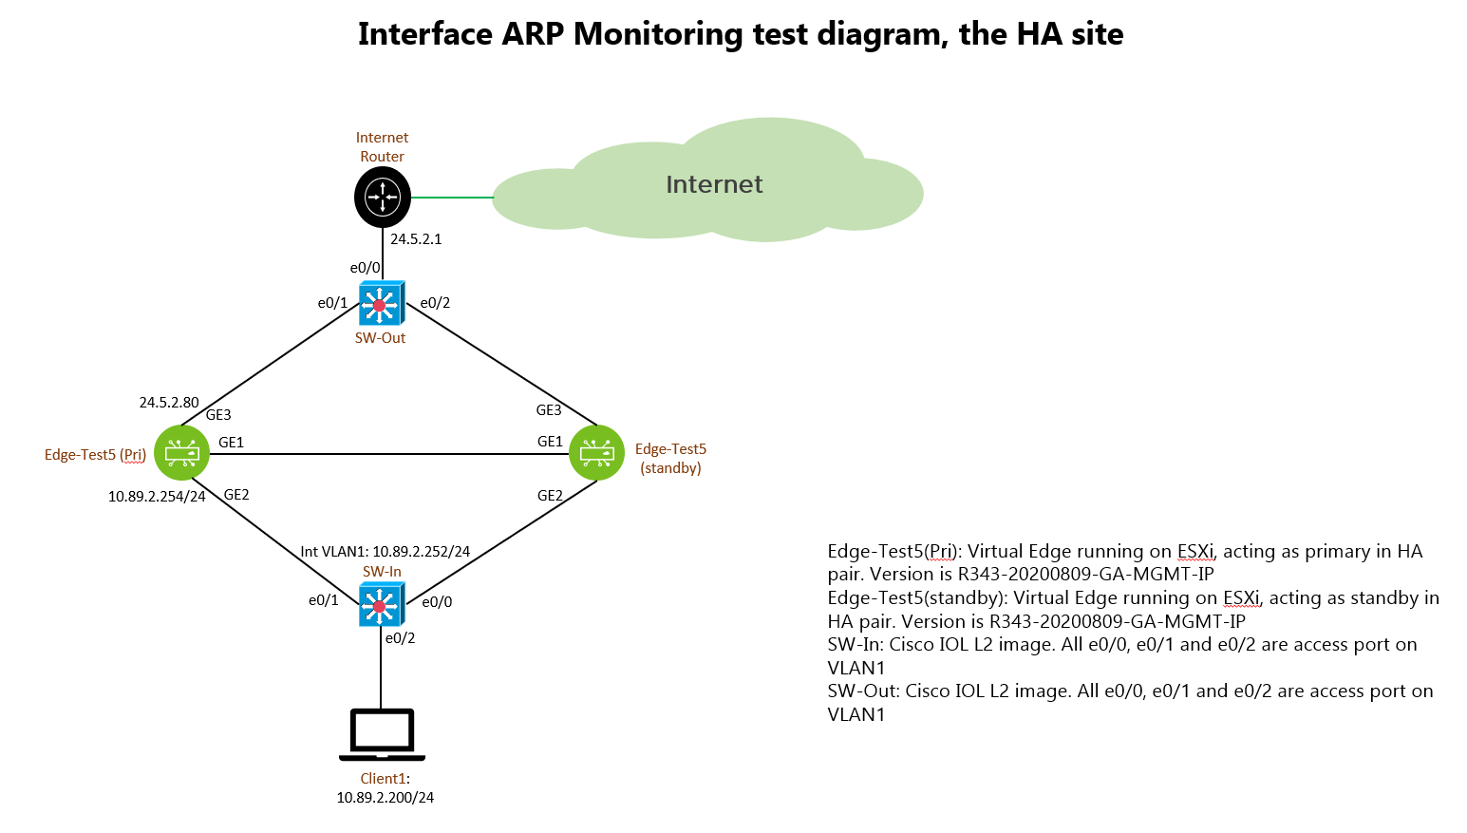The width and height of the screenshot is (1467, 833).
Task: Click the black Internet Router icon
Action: [x=383, y=197]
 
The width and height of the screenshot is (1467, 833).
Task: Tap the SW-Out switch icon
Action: [x=382, y=303]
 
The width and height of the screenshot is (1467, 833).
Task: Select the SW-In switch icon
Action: [x=382, y=606]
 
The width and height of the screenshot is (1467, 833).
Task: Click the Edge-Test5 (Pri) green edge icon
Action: [x=181, y=452]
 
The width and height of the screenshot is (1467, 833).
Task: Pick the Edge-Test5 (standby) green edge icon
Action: [x=596, y=452]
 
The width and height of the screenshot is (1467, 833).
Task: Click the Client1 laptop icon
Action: [x=382, y=735]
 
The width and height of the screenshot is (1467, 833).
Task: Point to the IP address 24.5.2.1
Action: [x=416, y=239]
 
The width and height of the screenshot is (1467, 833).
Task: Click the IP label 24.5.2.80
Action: [x=169, y=402]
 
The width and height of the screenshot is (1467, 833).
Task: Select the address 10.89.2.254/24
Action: [x=157, y=497]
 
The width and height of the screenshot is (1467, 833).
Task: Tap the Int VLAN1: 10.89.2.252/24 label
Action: [x=386, y=552]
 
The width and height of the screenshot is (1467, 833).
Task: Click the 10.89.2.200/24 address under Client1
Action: [x=386, y=797]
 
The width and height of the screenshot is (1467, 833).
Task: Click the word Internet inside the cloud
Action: [x=714, y=184]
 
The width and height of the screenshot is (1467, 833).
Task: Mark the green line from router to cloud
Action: [x=452, y=198]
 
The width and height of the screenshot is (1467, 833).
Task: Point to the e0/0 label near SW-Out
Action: [x=365, y=267]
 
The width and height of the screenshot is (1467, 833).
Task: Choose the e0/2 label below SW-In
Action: [x=400, y=638]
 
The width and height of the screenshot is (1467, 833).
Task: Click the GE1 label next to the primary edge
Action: [x=231, y=443]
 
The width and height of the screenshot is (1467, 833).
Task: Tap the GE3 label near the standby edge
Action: [x=549, y=410]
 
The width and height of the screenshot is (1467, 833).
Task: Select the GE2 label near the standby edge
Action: [x=550, y=495]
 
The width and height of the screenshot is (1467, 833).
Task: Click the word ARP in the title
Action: [x=533, y=34]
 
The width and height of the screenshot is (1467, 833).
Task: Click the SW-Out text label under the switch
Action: [x=380, y=338]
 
